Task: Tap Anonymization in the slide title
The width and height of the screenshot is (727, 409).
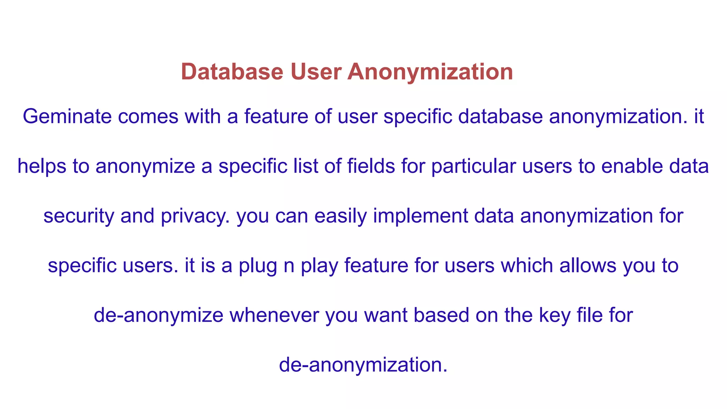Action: (x=430, y=72)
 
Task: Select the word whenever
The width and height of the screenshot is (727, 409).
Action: (x=274, y=315)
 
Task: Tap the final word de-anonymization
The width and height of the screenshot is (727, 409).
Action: (x=363, y=365)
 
